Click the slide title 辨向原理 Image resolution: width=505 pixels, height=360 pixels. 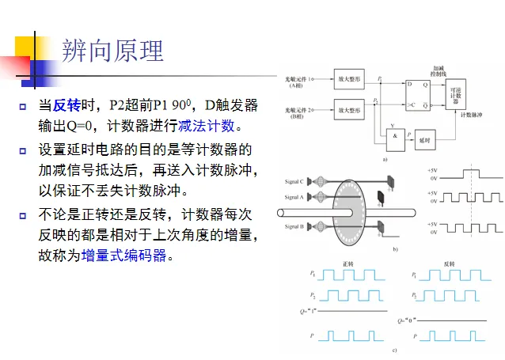tap(112, 51)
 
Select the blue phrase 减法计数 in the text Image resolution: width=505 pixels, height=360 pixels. tap(207, 126)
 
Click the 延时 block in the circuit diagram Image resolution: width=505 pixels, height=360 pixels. tap(424, 139)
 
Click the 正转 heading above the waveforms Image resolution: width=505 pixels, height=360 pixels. tap(347, 263)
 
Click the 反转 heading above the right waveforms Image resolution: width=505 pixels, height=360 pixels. tap(449, 263)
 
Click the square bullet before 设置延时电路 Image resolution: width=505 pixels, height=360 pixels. tap(23, 149)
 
